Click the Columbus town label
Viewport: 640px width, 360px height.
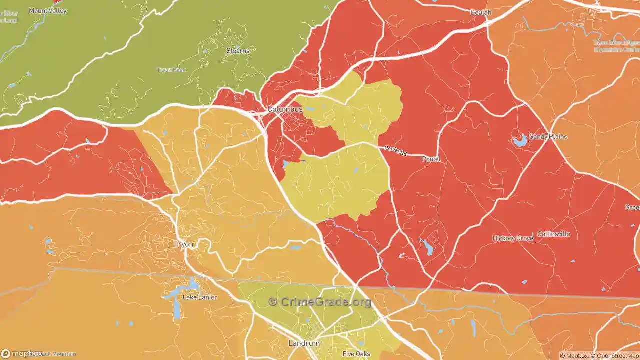pos(285,109)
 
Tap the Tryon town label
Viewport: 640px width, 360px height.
pos(183,244)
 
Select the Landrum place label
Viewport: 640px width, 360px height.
pos(304,343)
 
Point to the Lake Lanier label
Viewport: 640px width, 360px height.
pos(200,297)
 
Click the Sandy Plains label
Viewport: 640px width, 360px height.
pos(548,136)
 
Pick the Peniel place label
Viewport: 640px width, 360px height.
pos(431,159)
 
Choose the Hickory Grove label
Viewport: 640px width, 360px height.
pos(512,238)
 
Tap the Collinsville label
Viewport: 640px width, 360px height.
pos(553,234)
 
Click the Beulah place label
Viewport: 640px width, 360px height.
pos(481,12)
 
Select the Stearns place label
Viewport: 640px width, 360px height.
pos(238,51)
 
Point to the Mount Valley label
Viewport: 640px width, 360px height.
pos(48,10)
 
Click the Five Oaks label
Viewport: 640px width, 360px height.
pos(356,354)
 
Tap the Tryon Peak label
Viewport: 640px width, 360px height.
pos(171,70)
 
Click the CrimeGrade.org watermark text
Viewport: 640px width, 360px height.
pos(320,302)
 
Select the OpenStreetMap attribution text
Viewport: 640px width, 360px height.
pos(615,356)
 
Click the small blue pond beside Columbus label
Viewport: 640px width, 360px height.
pos(310,108)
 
